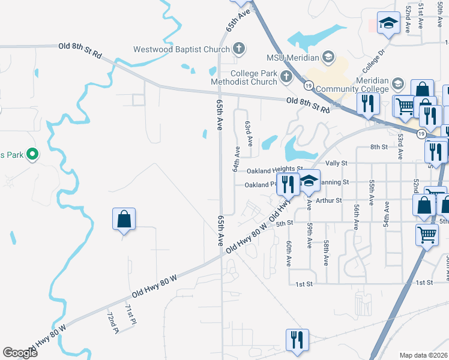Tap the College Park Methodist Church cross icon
(x=286, y=76)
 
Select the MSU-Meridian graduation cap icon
(x=328, y=58)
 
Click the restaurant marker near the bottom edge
(x=297, y=340)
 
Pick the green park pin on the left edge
(x=34, y=155)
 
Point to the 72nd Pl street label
(x=112, y=323)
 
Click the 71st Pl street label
(x=130, y=315)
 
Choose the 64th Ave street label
(x=236, y=159)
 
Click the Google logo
(x=20, y=353)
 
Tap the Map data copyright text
(x=424, y=355)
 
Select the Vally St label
(x=336, y=163)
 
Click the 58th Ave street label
(x=326, y=253)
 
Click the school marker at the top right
(x=388, y=24)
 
